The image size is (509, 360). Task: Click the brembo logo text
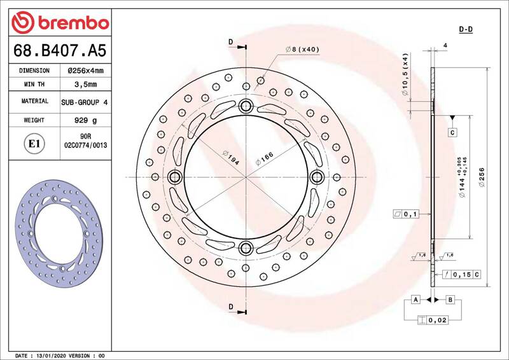point(73,23)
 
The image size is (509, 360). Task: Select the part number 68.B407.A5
point(60,50)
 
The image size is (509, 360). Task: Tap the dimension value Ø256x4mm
point(86,71)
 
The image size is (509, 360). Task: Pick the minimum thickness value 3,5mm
point(86,85)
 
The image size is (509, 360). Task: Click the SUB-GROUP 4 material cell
point(85,102)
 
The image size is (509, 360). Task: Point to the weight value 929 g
point(86,120)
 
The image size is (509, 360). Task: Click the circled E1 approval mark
point(34,144)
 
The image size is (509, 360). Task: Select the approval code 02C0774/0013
point(86,145)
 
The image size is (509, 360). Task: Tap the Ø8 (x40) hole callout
point(302,50)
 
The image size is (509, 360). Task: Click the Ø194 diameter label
point(231,158)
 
